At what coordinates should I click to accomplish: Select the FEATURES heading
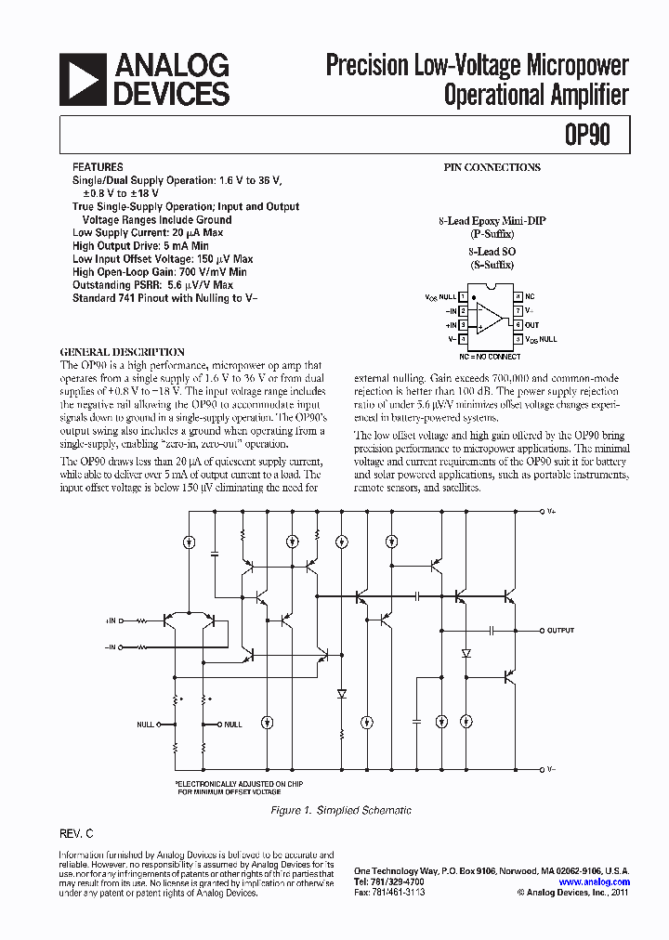click(x=97, y=168)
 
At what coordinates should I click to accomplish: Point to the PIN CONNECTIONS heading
click(x=491, y=168)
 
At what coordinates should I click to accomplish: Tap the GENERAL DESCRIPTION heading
click(x=122, y=353)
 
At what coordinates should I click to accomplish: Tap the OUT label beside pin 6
click(x=532, y=325)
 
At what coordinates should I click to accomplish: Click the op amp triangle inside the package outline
click(x=489, y=318)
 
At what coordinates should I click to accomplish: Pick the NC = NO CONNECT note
click(x=490, y=357)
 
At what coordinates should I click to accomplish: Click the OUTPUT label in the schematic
click(x=560, y=631)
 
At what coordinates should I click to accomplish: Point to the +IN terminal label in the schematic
click(x=111, y=620)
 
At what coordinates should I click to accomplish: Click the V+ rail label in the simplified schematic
click(x=552, y=511)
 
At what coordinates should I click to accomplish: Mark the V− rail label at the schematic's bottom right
click(x=552, y=769)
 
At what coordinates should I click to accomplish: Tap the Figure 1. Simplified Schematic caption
click(x=340, y=811)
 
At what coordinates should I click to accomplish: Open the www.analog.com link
click(x=595, y=881)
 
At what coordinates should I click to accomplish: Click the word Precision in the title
click(x=366, y=67)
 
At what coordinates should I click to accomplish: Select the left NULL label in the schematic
click(x=145, y=725)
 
